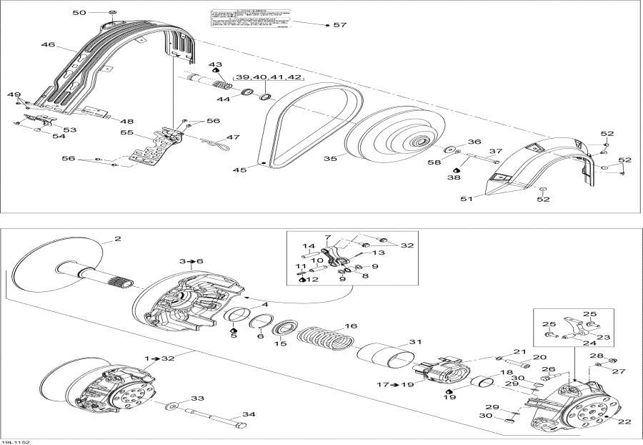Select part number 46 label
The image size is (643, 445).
click(x=48, y=45)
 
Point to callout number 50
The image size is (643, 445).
click(x=79, y=13)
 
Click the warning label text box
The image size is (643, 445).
click(x=251, y=23)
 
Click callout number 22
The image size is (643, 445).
click(x=624, y=421)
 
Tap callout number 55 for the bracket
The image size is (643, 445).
click(x=127, y=133)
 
